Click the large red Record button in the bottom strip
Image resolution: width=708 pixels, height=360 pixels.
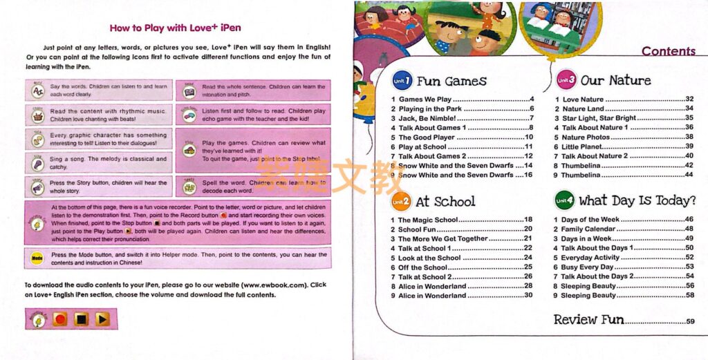point(60,319)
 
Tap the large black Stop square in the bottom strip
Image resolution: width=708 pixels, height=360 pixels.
point(82,319)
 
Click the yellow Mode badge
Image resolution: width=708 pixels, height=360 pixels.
point(37,258)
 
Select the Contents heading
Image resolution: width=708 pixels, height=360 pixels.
point(668,51)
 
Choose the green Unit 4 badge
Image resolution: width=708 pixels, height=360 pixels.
point(565,201)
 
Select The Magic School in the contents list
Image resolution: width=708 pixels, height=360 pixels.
point(428,220)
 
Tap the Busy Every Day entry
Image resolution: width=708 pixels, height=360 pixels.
point(587,267)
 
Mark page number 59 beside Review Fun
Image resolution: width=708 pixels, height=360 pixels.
point(690,321)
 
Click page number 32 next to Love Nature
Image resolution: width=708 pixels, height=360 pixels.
point(689,100)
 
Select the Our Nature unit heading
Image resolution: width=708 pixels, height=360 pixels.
point(615,81)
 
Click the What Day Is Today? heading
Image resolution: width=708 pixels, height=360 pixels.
point(637,201)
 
